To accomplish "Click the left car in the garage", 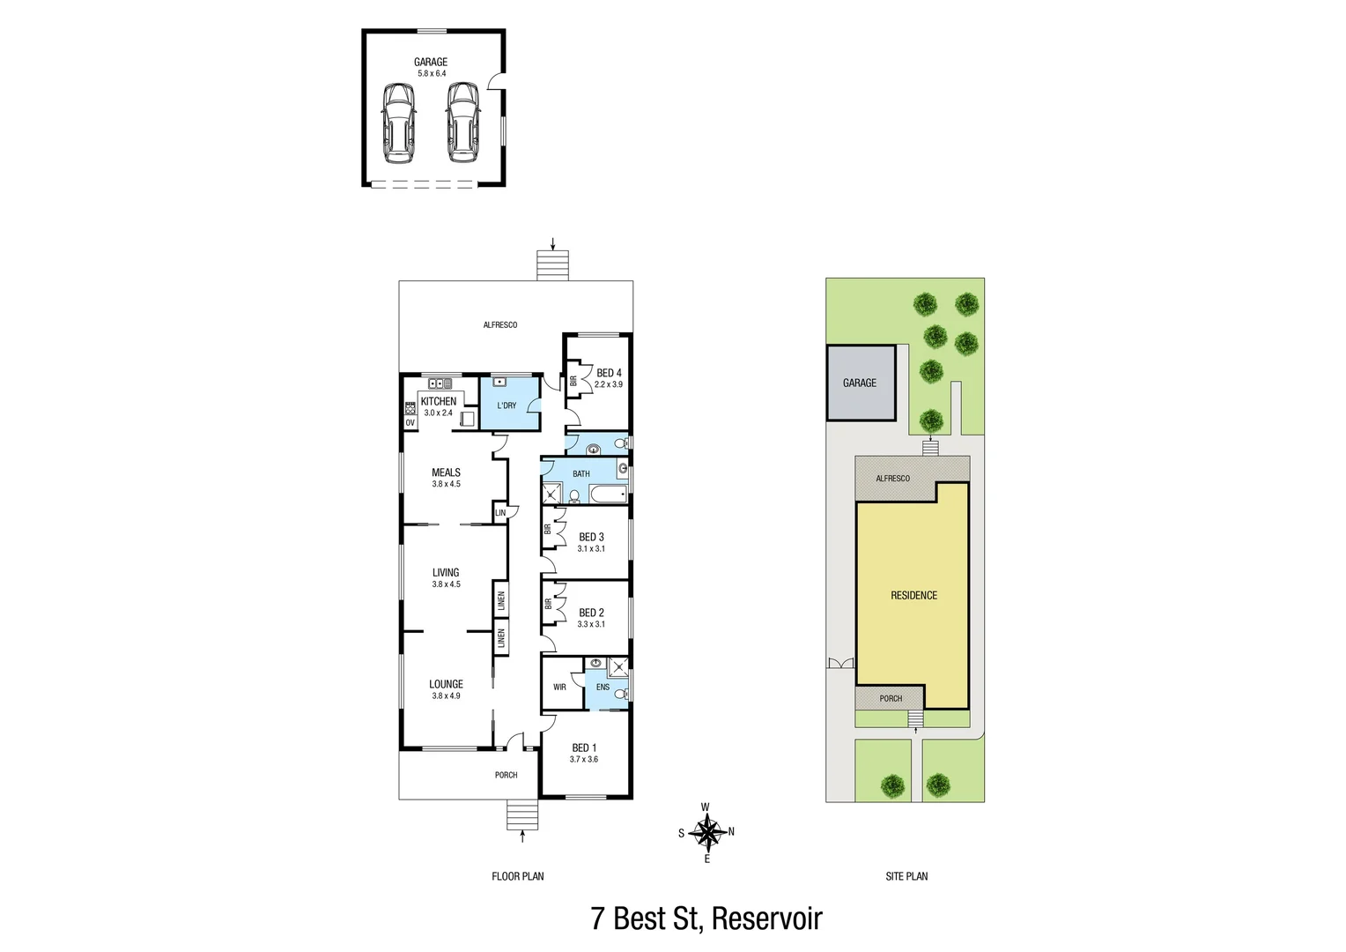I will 399,123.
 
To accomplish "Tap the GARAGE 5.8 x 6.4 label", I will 431,67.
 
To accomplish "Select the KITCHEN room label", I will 439,401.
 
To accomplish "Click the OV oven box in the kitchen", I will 410,423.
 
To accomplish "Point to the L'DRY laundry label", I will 507,405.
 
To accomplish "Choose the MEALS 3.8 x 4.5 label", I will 446,478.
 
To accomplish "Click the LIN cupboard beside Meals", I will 500,513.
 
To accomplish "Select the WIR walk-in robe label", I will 559,687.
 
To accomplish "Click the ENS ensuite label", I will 603,687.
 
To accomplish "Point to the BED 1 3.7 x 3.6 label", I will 584,753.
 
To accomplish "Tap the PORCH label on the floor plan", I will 506,775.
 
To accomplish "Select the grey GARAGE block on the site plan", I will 861,383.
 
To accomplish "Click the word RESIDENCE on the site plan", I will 913,596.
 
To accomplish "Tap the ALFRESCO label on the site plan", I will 892,479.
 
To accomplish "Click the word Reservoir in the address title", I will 766,919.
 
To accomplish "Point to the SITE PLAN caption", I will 906,876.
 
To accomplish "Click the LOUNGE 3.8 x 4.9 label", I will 446,689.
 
